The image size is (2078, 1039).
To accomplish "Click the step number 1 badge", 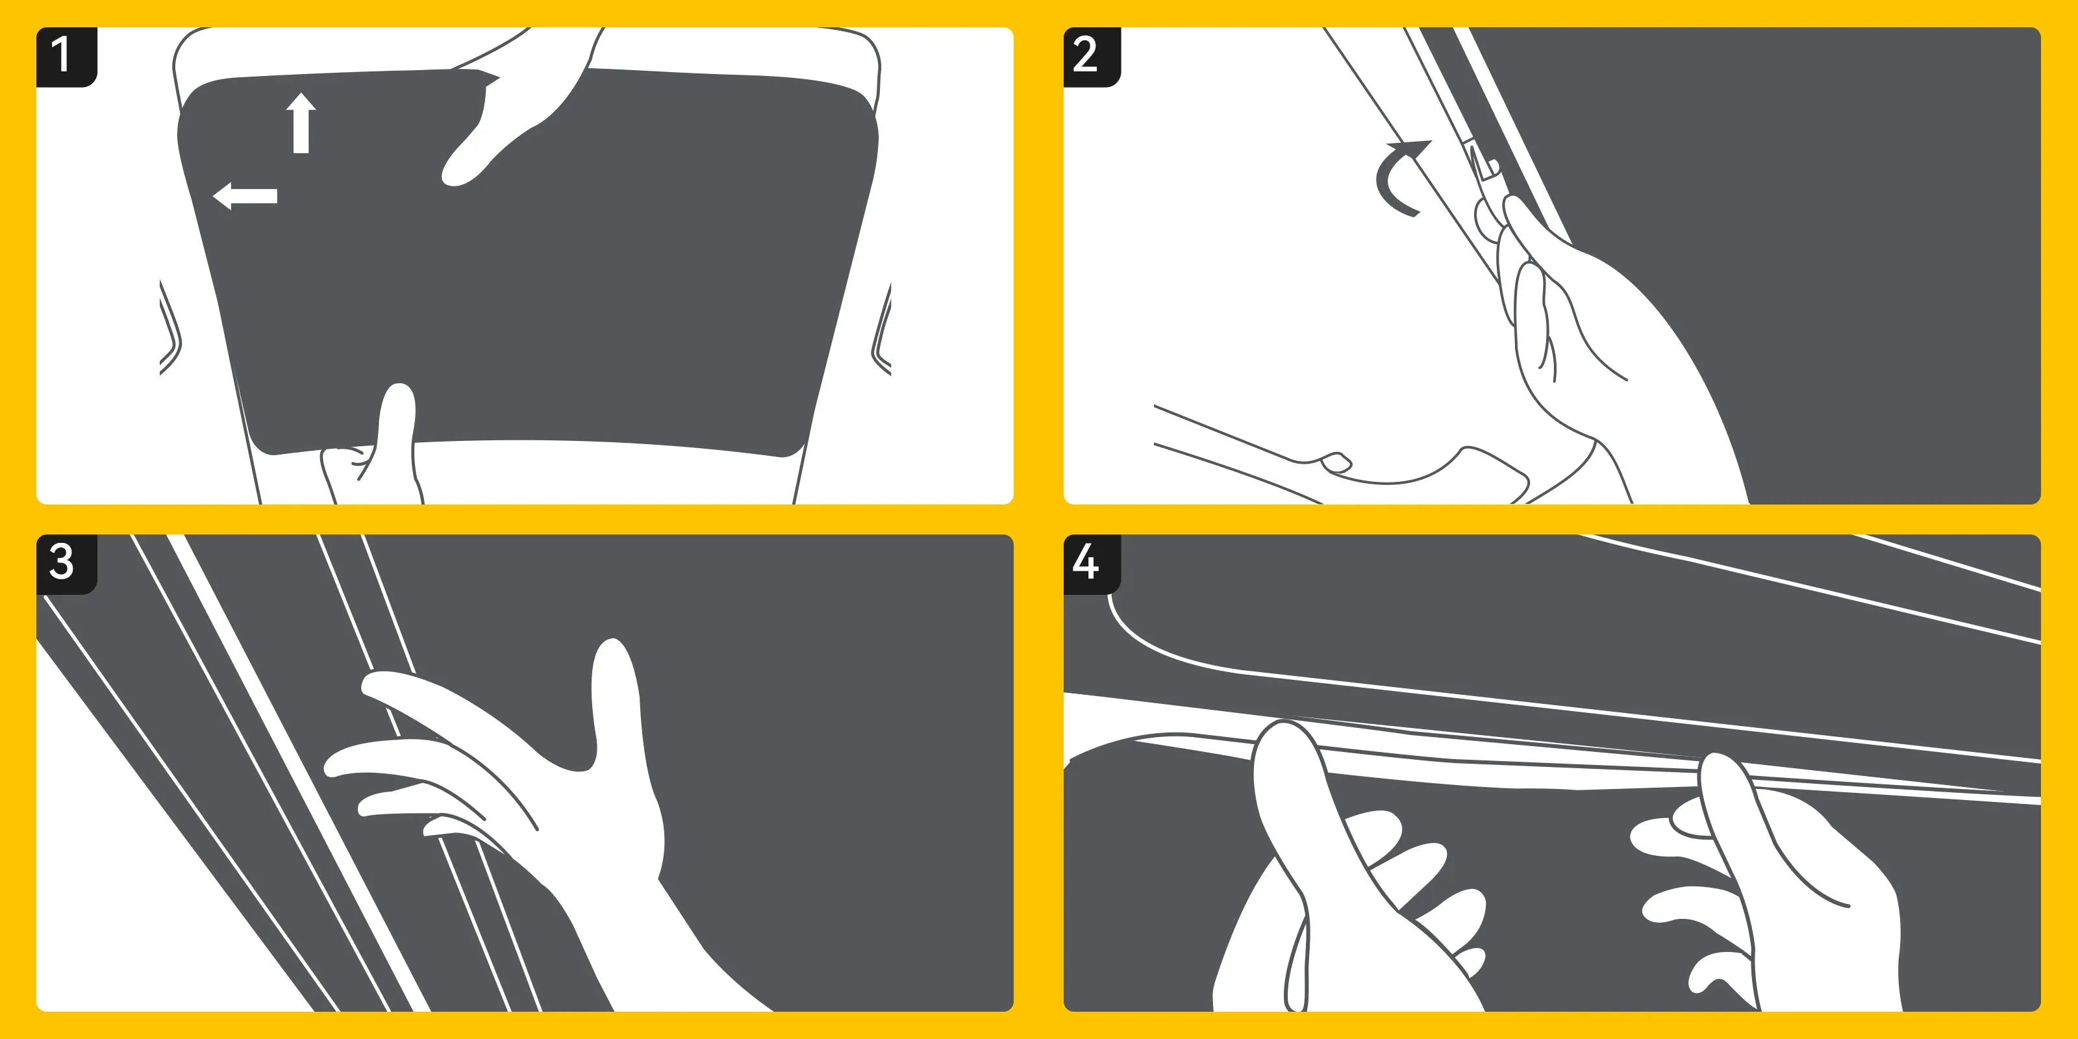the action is [66, 56].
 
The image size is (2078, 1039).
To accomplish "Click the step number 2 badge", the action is [1092, 56].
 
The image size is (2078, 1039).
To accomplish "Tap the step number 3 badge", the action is [66, 564].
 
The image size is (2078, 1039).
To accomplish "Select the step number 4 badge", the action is [1092, 564].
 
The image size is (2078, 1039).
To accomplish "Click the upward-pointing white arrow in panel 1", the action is [301, 123].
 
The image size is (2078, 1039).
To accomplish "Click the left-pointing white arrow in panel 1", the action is [244, 196].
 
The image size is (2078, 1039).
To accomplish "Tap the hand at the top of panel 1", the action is [516, 105].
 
